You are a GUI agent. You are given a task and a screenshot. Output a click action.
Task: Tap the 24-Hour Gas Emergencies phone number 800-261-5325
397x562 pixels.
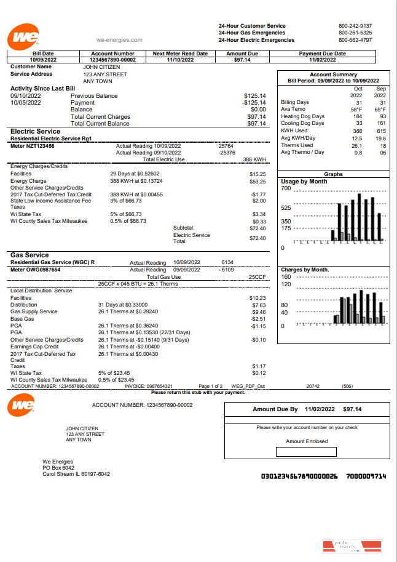355,33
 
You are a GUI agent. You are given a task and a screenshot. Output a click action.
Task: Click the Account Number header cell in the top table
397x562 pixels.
112,54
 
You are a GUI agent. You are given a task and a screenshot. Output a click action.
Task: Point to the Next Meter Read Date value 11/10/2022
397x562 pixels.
180,60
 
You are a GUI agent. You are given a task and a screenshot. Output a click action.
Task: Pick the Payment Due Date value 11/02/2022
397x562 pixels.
322,60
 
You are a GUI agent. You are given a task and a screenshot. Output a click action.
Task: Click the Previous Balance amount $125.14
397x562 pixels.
254,96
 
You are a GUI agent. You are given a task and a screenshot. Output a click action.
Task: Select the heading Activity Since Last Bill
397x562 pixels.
42,89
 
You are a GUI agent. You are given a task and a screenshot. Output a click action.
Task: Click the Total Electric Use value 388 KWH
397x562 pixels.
254,159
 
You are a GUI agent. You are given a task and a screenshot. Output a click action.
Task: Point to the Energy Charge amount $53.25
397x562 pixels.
258,182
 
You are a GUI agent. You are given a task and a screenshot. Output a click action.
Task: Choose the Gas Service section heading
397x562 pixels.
29,255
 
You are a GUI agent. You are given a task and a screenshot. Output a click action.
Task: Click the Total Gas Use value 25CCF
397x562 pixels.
257,277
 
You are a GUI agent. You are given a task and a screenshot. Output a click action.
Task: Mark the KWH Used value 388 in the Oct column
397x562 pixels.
356,130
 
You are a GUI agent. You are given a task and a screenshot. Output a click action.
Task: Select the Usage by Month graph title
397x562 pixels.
304,182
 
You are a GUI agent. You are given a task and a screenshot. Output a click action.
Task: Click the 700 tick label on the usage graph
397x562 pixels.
285,188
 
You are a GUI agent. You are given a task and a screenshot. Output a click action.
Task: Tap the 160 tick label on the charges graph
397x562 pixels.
285,277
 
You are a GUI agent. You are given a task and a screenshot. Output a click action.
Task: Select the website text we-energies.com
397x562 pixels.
119,40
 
